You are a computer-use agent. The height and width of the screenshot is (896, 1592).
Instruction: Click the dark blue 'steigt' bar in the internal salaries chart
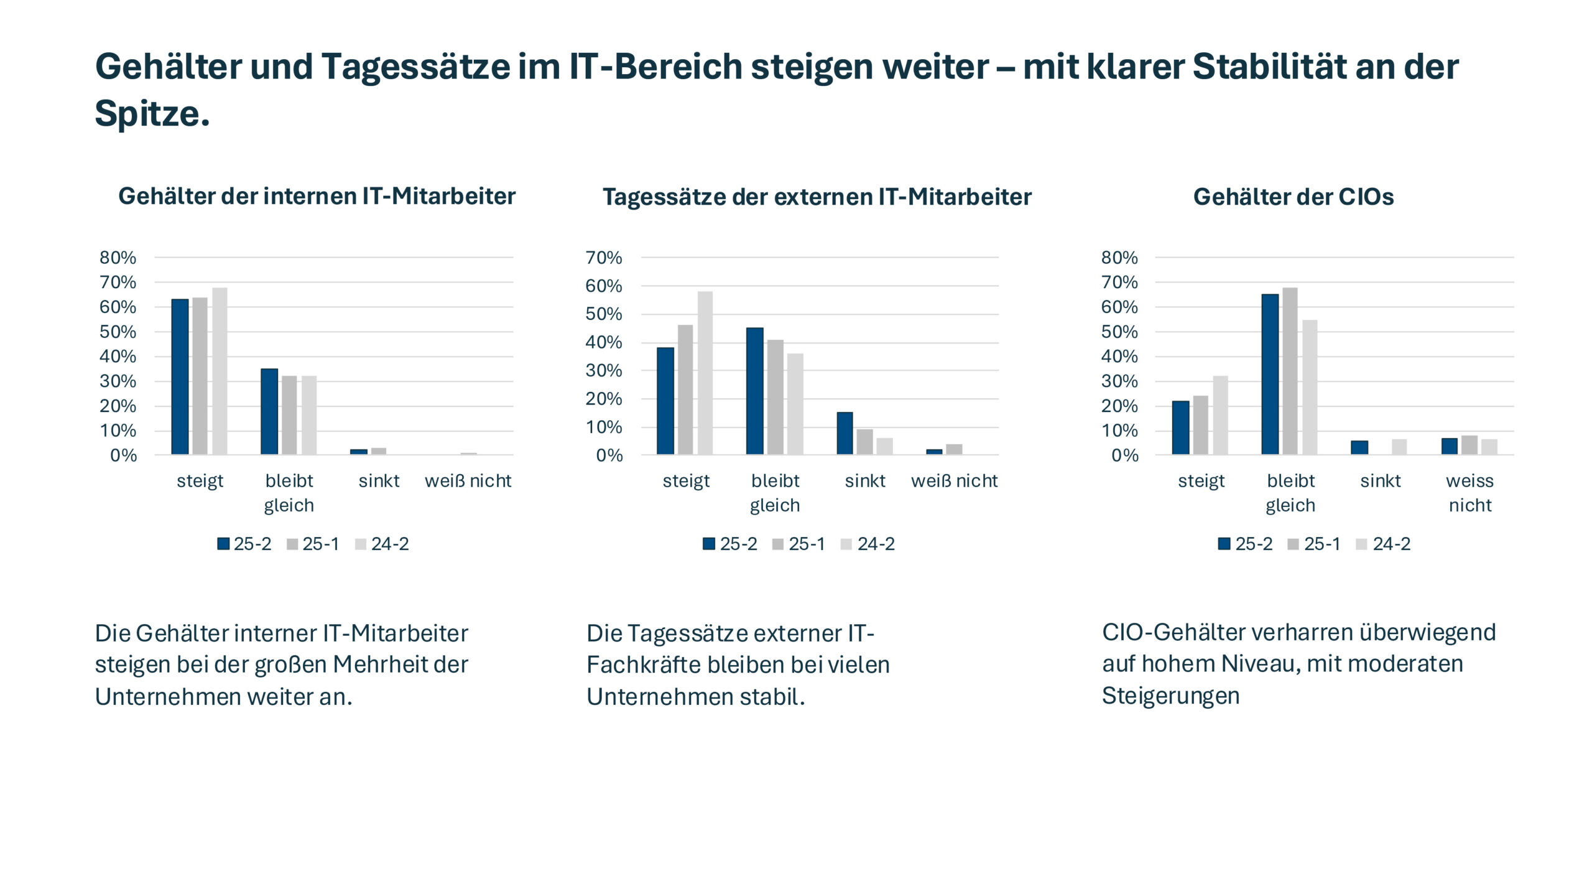point(180,376)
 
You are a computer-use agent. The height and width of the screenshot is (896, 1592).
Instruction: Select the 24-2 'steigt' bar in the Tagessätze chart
point(705,373)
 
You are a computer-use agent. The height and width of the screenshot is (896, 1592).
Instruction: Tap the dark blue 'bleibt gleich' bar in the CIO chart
point(1270,374)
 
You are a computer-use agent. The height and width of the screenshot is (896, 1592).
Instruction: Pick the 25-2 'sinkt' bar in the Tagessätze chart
point(845,433)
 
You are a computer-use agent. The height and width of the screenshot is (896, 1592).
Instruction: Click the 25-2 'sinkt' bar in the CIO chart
point(1359,447)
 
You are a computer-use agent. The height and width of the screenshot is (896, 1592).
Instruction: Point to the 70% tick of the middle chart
point(604,258)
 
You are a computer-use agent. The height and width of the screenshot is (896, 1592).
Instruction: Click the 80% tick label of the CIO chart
point(1119,258)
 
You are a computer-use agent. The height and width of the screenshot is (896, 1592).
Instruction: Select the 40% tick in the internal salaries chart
point(118,357)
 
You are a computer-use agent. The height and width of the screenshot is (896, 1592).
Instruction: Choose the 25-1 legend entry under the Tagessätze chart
point(799,544)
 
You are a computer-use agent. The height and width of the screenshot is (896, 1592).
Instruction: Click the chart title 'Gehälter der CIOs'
point(1293,197)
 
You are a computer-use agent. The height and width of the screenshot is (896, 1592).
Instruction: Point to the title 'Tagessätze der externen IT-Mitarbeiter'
point(817,197)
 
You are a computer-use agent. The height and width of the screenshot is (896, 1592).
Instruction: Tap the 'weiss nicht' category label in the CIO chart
point(1469,492)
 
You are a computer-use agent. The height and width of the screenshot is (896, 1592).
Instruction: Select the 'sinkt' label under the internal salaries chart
point(379,480)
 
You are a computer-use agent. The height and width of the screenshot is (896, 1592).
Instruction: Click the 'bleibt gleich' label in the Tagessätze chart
point(775,492)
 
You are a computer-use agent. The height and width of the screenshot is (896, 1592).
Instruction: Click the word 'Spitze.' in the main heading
point(152,113)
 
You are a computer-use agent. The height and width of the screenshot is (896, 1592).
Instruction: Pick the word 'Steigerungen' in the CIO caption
point(1170,696)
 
